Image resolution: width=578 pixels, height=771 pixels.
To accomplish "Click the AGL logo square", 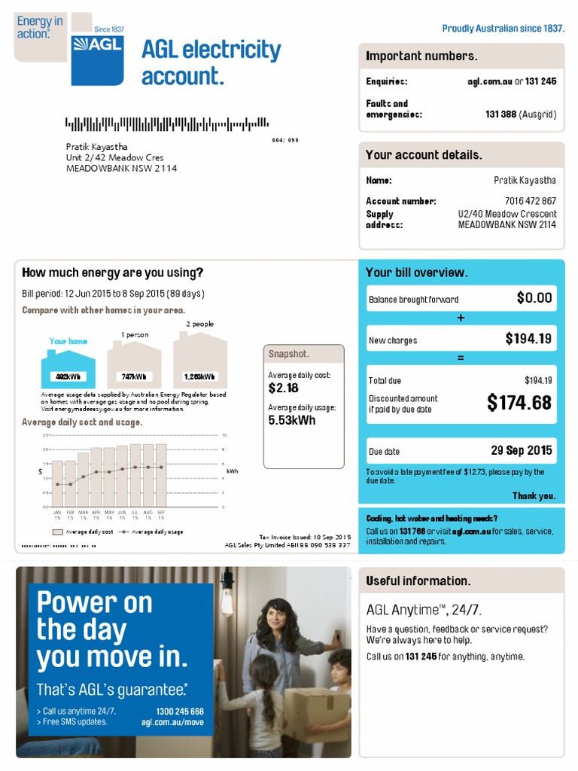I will [x=97, y=59].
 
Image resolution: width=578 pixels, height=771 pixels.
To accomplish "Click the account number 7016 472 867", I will [x=530, y=201].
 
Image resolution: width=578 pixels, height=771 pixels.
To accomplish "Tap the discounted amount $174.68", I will [x=519, y=403].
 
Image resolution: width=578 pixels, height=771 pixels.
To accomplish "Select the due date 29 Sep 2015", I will [x=521, y=450].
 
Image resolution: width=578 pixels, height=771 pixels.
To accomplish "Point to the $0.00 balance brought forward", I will [x=534, y=298].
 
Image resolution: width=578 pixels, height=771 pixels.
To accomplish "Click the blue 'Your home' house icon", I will [x=68, y=368].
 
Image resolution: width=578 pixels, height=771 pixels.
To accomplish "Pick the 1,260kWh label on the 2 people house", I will [x=199, y=376].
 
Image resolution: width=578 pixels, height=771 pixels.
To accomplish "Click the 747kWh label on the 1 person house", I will [x=134, y=376].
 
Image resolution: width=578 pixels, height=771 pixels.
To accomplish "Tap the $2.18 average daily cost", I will [x=283, y=388].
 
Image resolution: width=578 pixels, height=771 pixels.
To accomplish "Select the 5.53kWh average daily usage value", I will [x=292, y=420].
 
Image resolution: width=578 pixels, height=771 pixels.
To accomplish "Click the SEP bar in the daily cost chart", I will [x=161, y=476].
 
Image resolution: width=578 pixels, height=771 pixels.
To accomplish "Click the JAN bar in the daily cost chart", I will [x=57, y=483].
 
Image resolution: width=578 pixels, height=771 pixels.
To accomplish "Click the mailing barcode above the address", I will [x=166, y=123].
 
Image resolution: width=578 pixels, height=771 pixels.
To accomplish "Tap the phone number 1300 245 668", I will [x=180, y=712].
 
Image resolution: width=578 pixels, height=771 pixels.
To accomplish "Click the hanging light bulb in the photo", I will [x=227, y=599].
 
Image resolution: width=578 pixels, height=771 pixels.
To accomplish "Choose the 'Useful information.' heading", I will [x=418, y=581].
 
